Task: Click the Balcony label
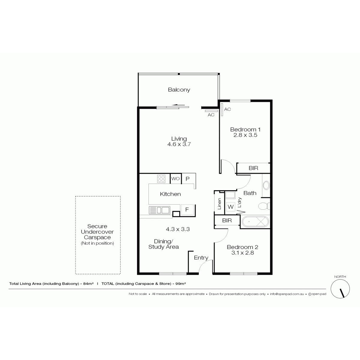coord(179,90)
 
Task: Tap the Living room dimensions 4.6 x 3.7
coord(179,144)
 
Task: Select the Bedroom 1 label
coord(245,129)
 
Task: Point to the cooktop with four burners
coord(161,178)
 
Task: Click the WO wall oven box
coord(175,178)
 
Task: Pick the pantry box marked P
coord(187,179)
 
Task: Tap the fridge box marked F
coord(187,210)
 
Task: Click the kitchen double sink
coord(159,210)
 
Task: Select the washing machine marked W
coord(231,207)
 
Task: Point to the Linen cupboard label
coord(219,204)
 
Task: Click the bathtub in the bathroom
coord(255,222)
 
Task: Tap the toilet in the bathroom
coord(264,206)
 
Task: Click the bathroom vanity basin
coord(266,186)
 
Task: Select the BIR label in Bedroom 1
coord(253,168)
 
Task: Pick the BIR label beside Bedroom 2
coord(227,220)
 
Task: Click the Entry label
coord(201,258)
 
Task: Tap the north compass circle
coord(340,289)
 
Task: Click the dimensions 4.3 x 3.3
coord(178,229)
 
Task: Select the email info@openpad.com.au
coord(287,294)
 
